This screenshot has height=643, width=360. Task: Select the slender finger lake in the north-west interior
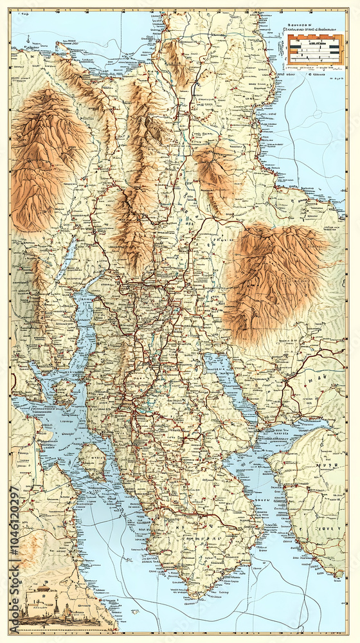click(x=67, y=260)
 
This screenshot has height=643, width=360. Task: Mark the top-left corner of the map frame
click(x=10, y=10)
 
